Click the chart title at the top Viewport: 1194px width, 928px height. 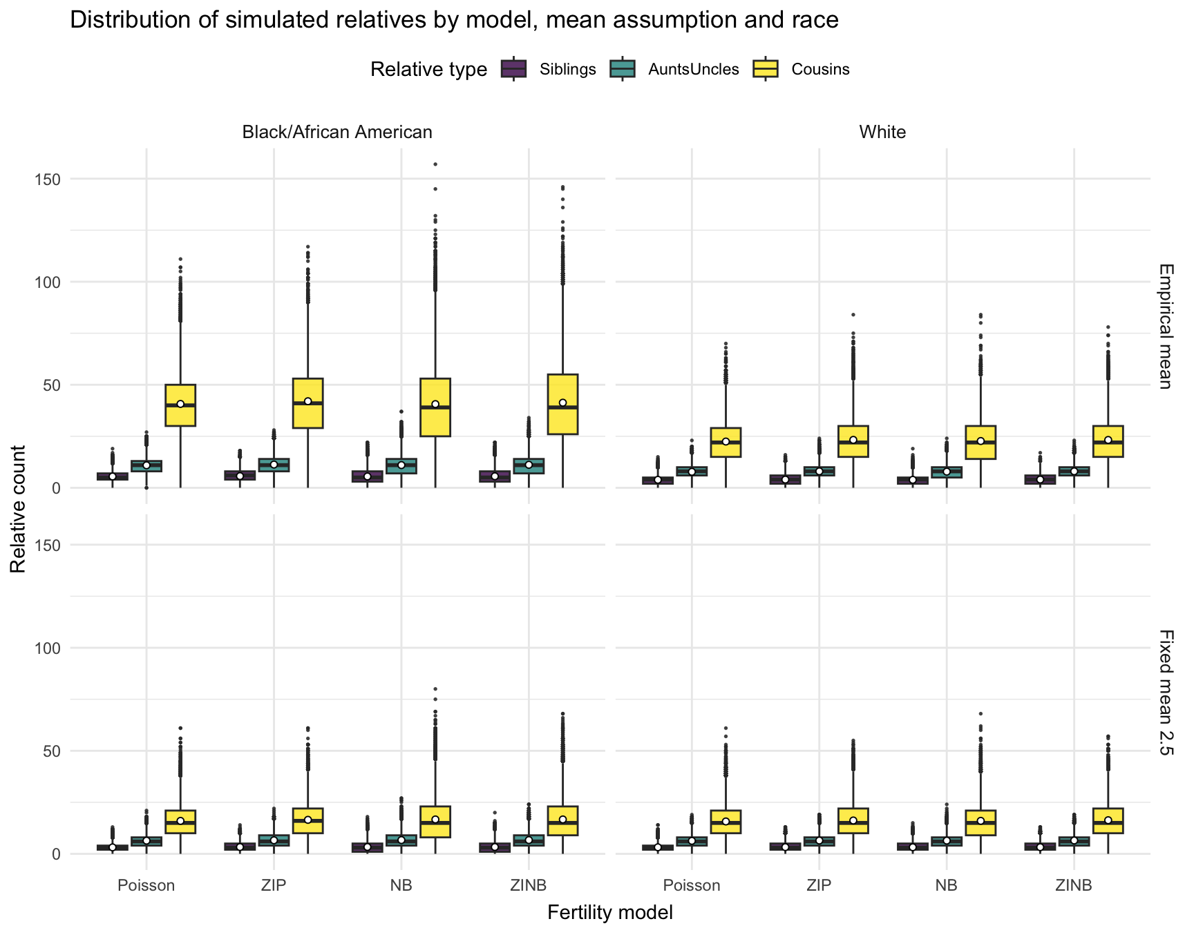tap(454, 21)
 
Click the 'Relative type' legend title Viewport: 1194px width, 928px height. tap(428, 70)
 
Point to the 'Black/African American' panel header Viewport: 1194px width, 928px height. tap(337, 132)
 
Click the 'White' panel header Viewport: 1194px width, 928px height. tap(882, 132)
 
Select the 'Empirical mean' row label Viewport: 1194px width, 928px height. tap(1165, 326)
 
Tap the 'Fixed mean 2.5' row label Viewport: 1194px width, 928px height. tap(1165, 693)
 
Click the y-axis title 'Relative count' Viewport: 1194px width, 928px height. tap(19, 508)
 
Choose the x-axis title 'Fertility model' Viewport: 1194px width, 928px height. tap(609, 912)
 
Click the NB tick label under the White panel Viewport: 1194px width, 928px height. tap(946, 885)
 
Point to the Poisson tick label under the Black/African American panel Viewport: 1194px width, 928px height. tap(146, 885)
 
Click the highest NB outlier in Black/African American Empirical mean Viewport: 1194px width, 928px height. tap(435, 164)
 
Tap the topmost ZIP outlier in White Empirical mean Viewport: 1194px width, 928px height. tap(853, 315)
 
